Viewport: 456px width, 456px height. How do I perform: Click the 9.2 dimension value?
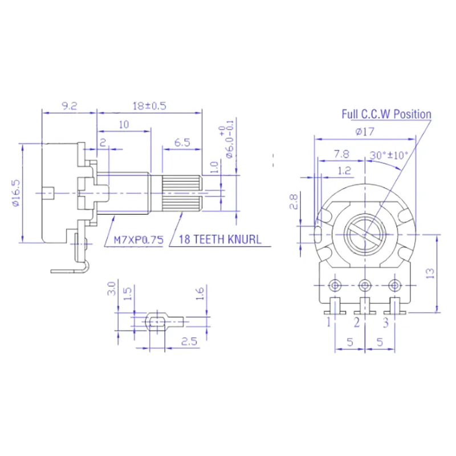(69, 106)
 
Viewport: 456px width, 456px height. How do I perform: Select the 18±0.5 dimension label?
(150, 106)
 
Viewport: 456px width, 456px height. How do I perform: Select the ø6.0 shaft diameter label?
(230, 140)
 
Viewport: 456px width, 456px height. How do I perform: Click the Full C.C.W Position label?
(386, 114)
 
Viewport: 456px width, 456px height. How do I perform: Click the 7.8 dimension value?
(341, 154)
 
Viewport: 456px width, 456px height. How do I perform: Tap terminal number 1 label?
(329, 323)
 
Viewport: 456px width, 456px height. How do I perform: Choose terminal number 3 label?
(386, 323)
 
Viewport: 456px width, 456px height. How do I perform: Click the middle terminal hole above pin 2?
(365, 284)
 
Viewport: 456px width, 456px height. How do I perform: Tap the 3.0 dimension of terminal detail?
(112, 288)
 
